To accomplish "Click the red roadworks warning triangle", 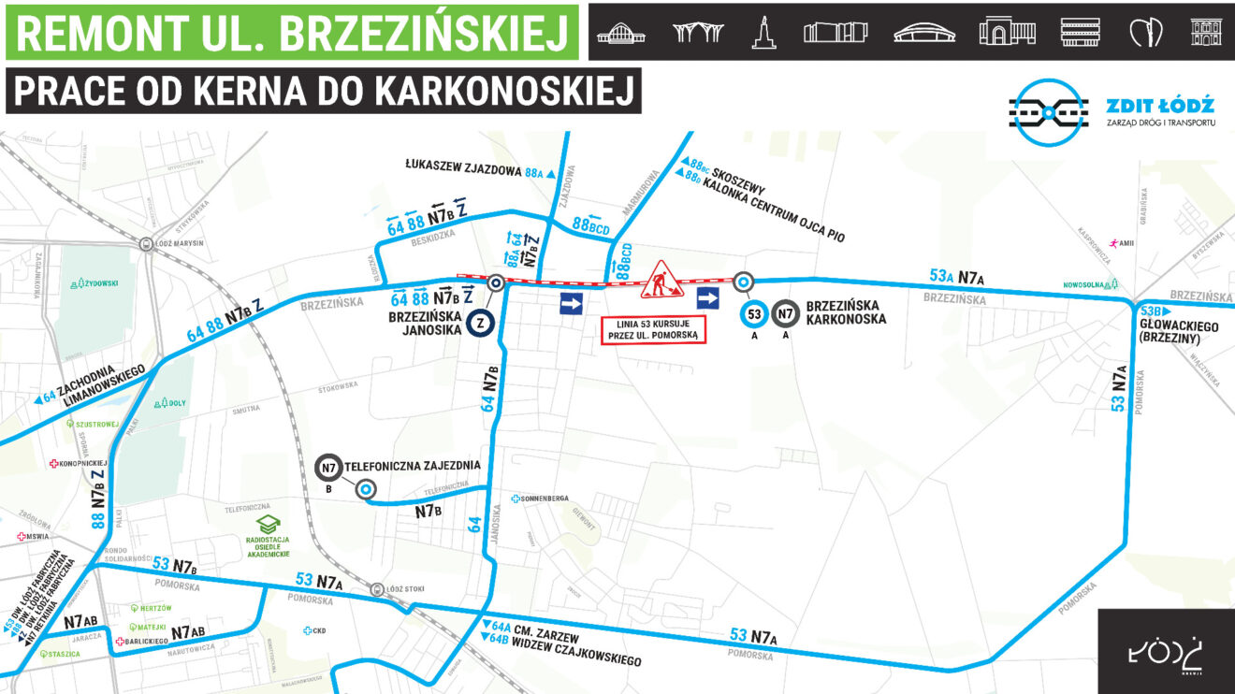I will tap(661, 279).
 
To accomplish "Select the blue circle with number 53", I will tap(753, 314).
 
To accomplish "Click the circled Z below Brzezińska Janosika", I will tap(481, 322).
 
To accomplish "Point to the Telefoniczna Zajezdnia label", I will tap(413, 466).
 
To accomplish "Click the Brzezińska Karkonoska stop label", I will tap(845, 311).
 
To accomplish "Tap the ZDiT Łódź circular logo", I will tap(1048, 113).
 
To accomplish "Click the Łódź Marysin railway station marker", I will tap(147, 244).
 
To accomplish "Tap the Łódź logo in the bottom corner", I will tap(1166, 652).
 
